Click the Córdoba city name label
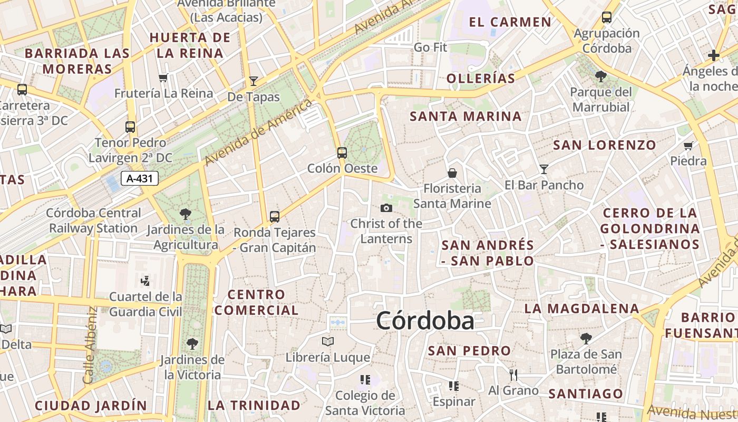pos(425,321)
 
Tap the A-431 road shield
pos(140,178)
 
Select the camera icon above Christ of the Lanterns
pos(386,208)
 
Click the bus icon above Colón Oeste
pos(342,153)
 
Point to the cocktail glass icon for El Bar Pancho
pos(544,169)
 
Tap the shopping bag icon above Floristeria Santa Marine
pos(452,172)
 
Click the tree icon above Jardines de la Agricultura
pos(185,214)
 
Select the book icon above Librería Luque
pos(328,342)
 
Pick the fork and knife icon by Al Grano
pos(513,375)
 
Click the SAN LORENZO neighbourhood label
pos(604,145)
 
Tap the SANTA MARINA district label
pos(465,117)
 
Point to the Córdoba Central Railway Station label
pos(94,221)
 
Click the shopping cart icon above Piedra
pos(688,146)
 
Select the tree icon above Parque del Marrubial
pos(600,76)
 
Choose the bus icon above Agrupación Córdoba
pos(607,17)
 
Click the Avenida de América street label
pos(258,133)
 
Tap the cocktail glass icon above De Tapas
pos(254,81)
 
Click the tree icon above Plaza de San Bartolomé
pos(586,338)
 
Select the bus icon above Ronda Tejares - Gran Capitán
pos(275,216)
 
